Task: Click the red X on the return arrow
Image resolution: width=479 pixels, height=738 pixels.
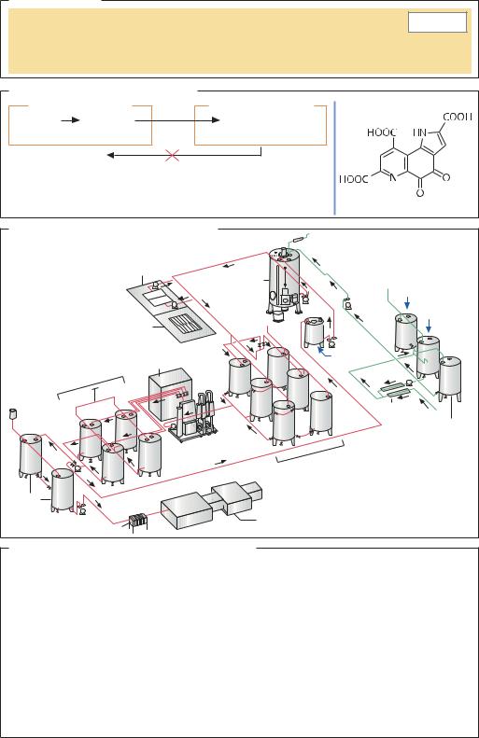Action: click(173, 155)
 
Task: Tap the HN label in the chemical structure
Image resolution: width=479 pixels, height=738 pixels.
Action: click(419, 132)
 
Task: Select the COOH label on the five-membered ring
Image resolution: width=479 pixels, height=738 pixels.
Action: click(458, 117)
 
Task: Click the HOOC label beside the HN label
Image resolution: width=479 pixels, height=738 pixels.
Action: click(382, 132)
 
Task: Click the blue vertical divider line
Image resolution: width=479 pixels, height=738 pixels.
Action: click(335, 158)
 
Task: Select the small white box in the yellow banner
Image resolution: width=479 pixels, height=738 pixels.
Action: click(437, 22)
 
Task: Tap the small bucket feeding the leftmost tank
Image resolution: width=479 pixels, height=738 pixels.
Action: click(13, 413)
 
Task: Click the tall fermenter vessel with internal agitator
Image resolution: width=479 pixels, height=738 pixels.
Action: click(285, 285)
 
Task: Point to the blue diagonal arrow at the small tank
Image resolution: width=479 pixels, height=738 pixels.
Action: click(324, 351)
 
